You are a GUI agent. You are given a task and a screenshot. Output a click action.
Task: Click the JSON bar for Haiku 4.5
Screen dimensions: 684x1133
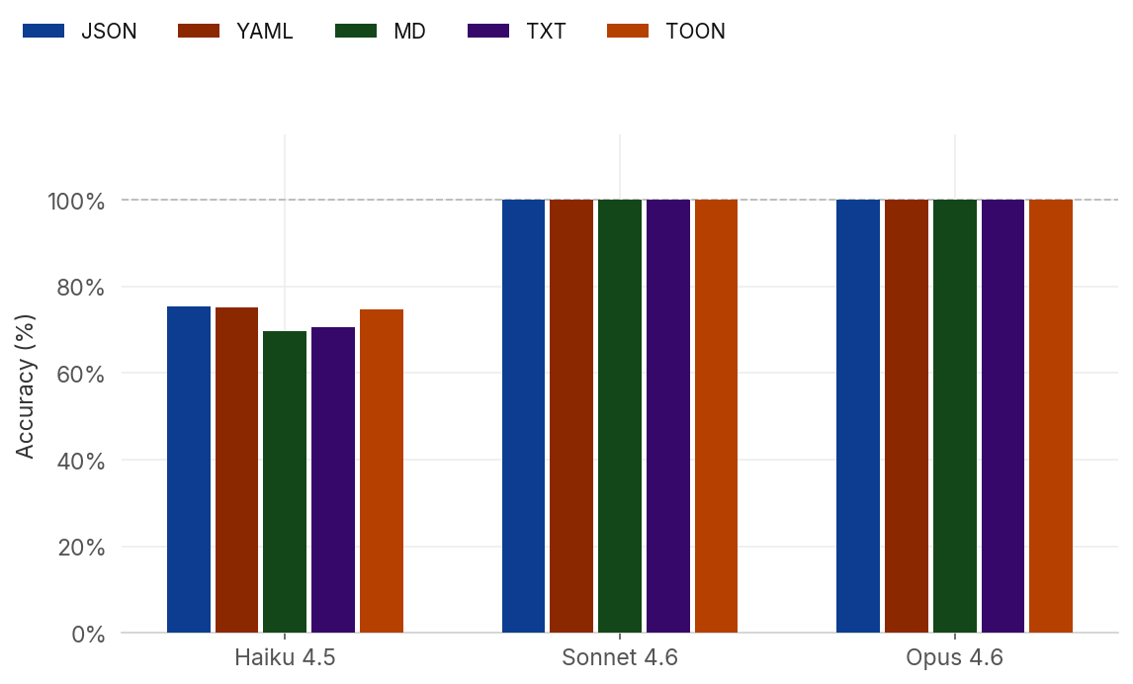(189, 470)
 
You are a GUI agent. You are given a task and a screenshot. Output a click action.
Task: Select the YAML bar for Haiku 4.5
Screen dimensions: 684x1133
(236, 470)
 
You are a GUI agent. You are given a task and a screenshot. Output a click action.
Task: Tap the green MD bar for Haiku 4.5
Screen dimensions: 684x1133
(285, 481)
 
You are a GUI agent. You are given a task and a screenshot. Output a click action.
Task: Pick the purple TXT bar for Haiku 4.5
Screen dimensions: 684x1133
(333, 479)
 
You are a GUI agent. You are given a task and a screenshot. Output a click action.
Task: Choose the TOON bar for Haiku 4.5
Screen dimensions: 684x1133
(382, 470)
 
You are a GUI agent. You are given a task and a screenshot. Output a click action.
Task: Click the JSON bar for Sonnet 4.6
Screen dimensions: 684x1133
(523, 415)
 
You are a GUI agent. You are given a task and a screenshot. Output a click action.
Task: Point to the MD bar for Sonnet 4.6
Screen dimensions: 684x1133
(620, 415)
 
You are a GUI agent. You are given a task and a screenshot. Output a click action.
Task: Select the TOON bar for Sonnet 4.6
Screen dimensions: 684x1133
(716, 415)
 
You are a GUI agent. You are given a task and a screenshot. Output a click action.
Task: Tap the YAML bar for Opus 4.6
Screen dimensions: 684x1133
(907, 415)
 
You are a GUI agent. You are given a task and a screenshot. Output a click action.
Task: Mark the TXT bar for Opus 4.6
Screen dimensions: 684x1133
(1002, 415)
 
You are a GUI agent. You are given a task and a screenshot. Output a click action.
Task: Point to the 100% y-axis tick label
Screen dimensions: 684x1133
(76, 202)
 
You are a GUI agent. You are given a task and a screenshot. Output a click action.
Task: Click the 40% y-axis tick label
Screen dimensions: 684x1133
(78, 461)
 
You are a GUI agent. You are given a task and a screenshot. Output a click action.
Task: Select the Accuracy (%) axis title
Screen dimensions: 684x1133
(26, 385)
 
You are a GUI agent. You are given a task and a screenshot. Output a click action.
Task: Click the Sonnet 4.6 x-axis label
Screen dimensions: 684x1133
(620, 658)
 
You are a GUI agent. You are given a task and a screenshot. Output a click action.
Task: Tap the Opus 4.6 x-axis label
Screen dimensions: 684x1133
(954, 658)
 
